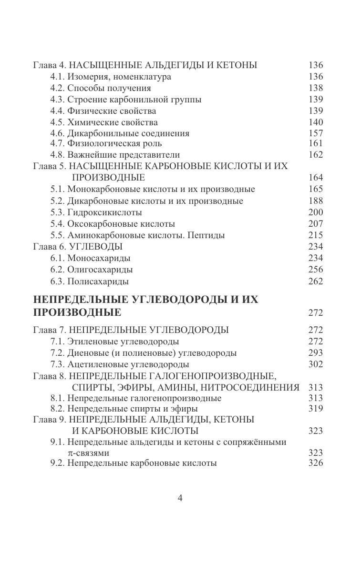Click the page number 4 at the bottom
(x=180, y=498)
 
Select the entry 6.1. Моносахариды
(x=90, y=258)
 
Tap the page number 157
(x=316, y=133)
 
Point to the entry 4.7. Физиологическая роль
(x=106, y=143)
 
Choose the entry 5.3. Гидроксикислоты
(x=96, y=212)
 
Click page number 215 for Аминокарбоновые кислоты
(x=316, y=235)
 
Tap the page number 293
(x=316, y=353)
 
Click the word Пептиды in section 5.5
(x=206, y=235)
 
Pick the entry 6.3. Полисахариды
(x=89, y=281)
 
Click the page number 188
(x=316, y=201)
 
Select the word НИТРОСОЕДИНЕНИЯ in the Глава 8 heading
(x=258, y=387)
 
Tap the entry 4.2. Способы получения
(x=100, y=88)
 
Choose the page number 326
(x=316, y=463)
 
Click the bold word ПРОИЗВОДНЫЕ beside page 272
(x=77, y=313)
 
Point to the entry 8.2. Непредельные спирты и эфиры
(x=124, y=409)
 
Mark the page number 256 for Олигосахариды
(x=316, y=270)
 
